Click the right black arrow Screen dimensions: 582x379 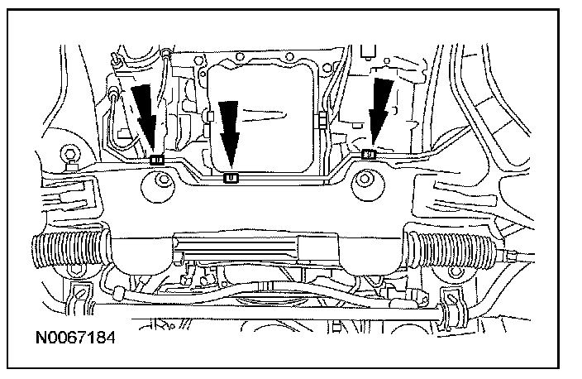(380, 112)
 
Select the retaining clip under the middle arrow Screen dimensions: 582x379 (232, 176)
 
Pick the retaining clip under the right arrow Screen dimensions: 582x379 (370, 154)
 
